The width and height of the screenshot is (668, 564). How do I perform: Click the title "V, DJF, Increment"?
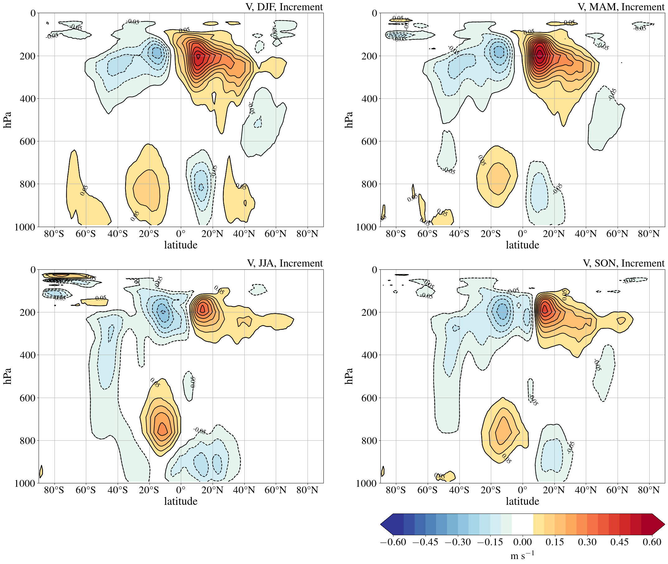(284, 7)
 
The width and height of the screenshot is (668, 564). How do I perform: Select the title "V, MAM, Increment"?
(621, 7)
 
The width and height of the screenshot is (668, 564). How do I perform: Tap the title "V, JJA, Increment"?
(285, 263)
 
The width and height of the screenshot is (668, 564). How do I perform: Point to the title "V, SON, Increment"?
(623, 263)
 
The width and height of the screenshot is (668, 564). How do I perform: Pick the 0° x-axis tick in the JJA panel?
(181, 490)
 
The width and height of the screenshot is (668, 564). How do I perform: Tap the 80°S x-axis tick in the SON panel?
(396, 490)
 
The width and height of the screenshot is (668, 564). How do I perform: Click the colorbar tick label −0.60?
(393, 542)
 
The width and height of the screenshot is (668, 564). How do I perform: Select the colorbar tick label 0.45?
(619, 542)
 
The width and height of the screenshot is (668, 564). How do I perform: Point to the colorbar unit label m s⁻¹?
(522, 556)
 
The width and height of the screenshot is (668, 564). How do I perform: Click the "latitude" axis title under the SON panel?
(522, 501)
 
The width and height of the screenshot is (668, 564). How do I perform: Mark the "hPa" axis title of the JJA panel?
(7, 376)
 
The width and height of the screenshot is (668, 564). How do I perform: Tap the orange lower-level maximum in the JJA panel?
(162, 429)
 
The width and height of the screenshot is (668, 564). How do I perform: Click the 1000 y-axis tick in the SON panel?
(366, 483)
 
